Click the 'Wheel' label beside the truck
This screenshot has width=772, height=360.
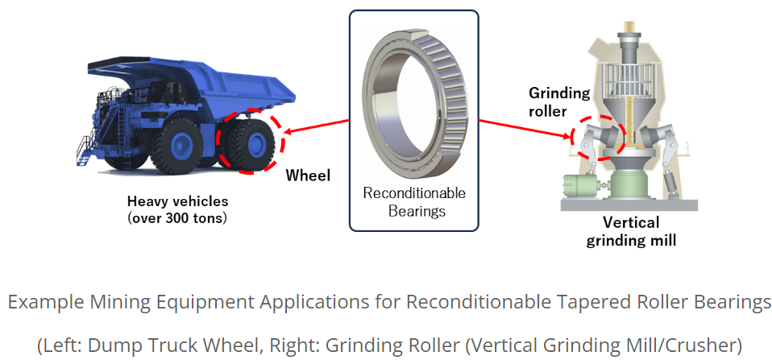(308, 176)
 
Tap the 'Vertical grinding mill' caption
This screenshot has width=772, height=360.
(631, 231)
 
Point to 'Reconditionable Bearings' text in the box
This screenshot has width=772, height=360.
(414, 201)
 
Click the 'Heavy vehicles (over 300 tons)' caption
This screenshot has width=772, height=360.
(178, 209)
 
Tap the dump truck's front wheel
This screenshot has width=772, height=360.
(176, 146)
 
